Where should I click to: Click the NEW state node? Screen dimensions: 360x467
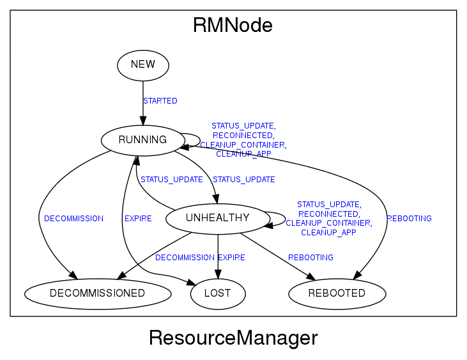click(143, 65)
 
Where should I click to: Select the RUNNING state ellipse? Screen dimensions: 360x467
click(142, 140)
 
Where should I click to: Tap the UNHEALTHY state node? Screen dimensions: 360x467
click(217, 219)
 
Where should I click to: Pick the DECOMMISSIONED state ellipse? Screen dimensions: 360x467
click(98, 293)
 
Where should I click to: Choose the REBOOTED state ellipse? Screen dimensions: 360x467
click(337, 293)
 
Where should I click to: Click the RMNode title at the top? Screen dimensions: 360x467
click(233, 26)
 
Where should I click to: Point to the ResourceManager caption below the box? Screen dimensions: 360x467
click(233, 338)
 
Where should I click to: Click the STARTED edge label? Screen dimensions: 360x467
click(160, 101)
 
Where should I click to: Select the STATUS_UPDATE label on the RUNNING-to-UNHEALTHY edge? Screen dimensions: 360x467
click(243, 180)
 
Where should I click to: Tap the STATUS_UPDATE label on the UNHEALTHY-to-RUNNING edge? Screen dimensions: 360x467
click(171, 180)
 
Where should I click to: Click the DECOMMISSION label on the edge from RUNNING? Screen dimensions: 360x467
click(73, 219)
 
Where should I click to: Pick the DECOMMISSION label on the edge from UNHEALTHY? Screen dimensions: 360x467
click(185, 258)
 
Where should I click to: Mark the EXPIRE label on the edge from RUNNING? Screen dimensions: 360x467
click(138, 219)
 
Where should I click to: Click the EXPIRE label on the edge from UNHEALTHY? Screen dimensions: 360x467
click(231, 258)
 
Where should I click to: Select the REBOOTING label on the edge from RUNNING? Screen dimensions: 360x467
click(409, 219)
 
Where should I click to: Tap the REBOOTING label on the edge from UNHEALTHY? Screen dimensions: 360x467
click(310, 258)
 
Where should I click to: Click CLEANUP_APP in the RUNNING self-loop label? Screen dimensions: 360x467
click(243, 154)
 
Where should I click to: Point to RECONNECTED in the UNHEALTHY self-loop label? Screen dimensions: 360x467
click(328, 214)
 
